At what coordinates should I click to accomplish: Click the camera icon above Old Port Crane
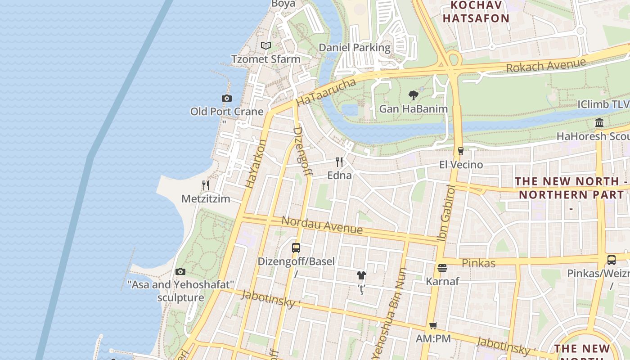226,98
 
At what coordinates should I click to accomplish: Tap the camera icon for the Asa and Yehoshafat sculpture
180,271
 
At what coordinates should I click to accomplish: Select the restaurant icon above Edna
339,162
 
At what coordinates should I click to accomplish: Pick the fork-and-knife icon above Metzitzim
206,185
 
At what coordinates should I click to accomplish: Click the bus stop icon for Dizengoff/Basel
296,247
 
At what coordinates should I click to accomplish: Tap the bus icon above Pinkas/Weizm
611,260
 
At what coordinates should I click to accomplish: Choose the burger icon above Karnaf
442,268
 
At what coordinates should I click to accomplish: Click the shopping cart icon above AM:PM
433,325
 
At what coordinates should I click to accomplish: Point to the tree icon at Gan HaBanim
413,95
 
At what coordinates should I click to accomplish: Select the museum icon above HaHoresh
599,123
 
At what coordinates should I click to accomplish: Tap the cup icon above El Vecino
460,151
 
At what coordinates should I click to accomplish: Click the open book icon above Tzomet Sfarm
266,45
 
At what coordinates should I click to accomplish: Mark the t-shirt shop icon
361,275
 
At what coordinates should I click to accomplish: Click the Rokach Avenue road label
546,66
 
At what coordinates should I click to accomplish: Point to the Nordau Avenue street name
322,225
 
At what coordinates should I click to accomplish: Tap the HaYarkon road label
256,163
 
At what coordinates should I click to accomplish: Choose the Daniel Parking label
355,47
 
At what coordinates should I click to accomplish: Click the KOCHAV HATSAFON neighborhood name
476,12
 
